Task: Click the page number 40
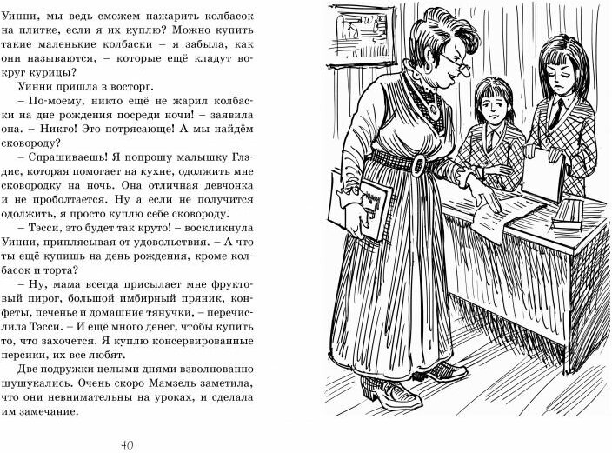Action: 127,444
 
